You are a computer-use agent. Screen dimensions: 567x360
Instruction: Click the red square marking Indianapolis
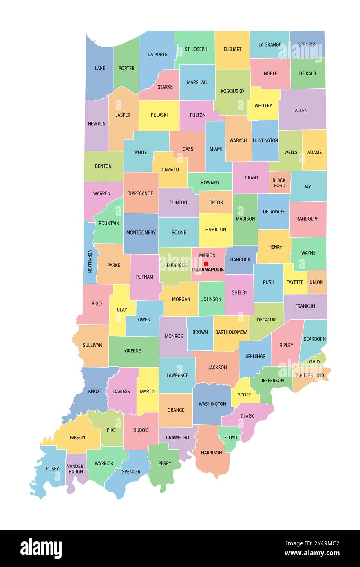tap(206, 264)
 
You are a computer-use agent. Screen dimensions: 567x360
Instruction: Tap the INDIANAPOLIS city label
tap(208, 270)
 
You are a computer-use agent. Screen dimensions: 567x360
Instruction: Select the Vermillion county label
tap(90, 261)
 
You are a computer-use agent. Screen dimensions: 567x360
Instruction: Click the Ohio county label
tap(314, 361)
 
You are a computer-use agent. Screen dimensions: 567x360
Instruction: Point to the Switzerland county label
tap(310, 375)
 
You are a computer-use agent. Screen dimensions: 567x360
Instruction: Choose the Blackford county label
tap(280, 183)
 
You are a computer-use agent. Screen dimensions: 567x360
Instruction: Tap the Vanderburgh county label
tap(76, 469)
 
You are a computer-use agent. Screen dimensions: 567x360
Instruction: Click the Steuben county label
tap(307, 44)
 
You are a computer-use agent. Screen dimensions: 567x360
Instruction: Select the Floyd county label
tap(231, 438)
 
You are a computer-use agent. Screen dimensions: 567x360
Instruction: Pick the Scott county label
tap(244, 394)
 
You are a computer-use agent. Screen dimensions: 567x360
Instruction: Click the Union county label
tap(316, 282)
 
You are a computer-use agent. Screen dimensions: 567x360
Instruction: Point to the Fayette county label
tap(295, 282)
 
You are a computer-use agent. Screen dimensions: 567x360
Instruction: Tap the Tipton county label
tap(216, 202)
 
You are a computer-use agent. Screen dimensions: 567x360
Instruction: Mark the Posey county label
tap(52, 469)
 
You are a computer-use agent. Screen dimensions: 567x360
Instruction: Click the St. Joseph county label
tap(196, 49)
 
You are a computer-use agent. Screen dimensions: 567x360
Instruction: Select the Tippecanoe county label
tap(141, 193)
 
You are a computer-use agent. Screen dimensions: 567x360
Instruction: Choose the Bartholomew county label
tap(231, 332)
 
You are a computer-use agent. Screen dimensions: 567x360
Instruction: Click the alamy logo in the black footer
tap(41, 549)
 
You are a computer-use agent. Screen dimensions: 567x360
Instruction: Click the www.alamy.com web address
tap(312, 554)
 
